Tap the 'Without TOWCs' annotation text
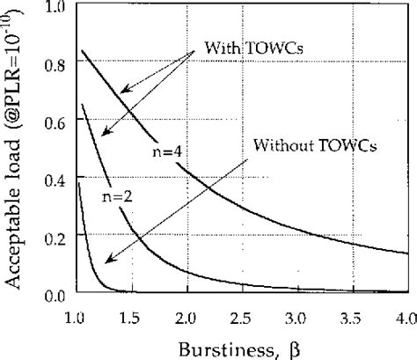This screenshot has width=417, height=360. point(315,144)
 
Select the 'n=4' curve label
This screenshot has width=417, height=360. point(165,151)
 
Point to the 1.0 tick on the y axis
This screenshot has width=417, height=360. point(61,8)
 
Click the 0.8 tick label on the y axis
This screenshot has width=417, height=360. point(61,65)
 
